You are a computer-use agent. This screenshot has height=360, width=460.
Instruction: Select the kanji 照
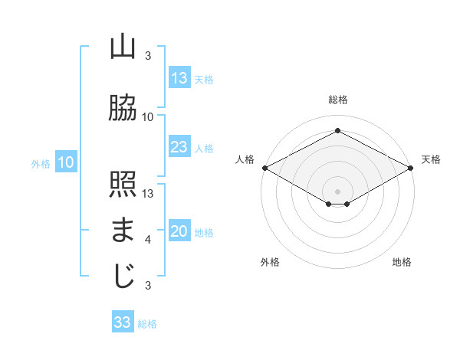click(123, 185)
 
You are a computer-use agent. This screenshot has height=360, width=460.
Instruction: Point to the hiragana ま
click(123, 231)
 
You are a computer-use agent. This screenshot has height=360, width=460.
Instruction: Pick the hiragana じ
click(123, 277)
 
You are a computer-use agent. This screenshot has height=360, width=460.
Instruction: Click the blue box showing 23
click(179, 147)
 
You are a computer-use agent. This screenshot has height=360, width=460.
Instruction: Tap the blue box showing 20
click(179, 232)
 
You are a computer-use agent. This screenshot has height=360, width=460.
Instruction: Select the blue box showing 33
click(123, 322)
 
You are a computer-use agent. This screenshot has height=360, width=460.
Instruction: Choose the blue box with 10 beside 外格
click(66, 162)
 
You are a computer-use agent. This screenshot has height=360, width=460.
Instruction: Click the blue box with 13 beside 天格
click(179, 78)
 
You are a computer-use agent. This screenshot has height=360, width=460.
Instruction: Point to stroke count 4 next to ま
click(148, 240)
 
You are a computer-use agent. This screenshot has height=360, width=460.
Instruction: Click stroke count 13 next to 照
click(148, 193)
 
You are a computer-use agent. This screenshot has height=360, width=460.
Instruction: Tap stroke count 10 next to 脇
click(148, 117)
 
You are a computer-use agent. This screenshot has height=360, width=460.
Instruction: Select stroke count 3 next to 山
click(148, 56)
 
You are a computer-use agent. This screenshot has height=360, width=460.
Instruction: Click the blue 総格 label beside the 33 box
click(147, 324)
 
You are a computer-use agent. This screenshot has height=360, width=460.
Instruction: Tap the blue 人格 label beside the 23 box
click(204, 149)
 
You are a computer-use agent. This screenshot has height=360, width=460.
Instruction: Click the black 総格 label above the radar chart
click(337, 100)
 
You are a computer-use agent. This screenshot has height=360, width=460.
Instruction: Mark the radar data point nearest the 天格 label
click(411, 168)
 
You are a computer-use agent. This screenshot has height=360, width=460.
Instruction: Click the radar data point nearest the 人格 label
click(264, 168)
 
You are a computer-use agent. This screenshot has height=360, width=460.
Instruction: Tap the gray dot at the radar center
click(337, 190)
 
